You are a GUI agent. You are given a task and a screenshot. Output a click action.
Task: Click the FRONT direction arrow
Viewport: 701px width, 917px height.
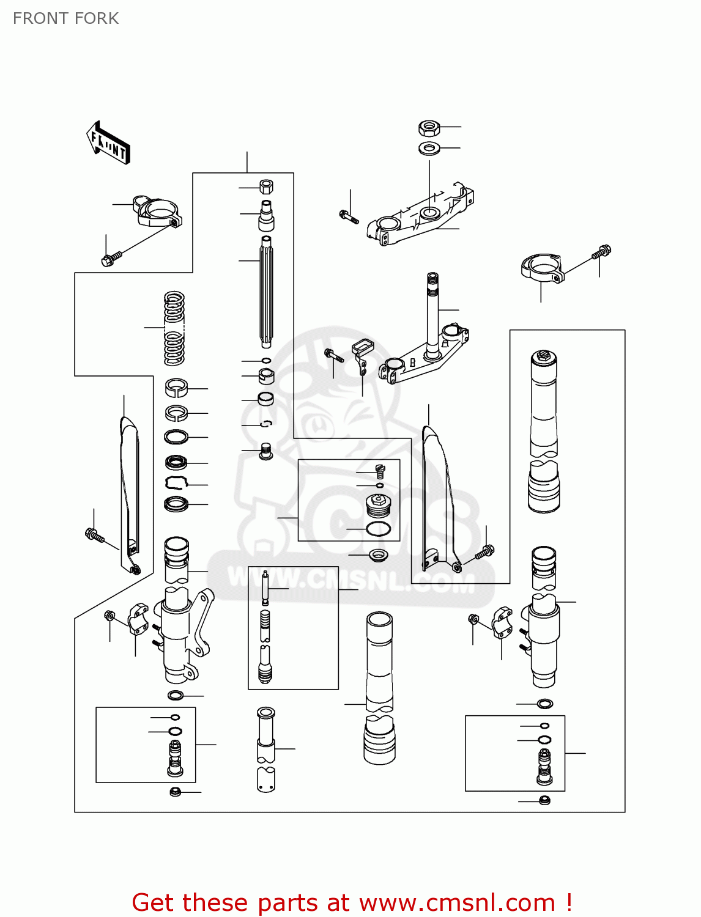108,143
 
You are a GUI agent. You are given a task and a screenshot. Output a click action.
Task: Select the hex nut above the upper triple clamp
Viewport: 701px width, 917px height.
429,128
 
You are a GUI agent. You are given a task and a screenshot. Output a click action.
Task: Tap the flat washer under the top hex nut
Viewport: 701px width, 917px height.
429,148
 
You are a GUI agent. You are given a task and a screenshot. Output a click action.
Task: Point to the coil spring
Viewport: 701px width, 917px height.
174,328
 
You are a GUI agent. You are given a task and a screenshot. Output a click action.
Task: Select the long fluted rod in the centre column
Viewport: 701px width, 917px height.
267,290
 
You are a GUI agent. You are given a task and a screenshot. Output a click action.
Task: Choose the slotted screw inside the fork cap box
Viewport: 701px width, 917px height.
380,471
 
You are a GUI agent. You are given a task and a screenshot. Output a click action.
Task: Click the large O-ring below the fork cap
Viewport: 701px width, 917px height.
378,529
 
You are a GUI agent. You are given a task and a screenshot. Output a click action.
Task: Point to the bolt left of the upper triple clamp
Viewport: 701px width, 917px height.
349,216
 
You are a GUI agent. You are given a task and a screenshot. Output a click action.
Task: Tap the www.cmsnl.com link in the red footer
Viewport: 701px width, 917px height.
456,902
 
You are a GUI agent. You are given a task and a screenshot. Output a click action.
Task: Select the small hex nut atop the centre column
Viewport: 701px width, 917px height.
266,186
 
